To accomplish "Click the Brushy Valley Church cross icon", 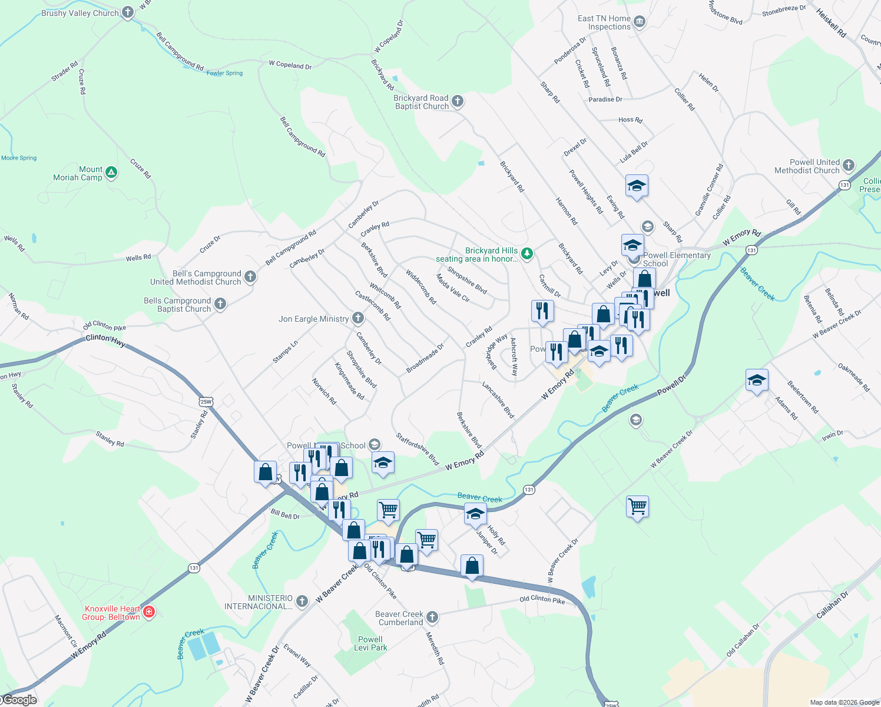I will tap(128, 13).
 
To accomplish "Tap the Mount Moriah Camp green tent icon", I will tap(111, 173).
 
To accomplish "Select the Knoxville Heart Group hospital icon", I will tap(149, 612).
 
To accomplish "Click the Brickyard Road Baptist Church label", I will tap(421, 103).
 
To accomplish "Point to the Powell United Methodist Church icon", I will tap(848, 166).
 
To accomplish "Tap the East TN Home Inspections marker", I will tap(640, 22).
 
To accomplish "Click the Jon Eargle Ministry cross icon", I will tap(357, 319).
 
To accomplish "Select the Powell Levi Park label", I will tap(370, 643).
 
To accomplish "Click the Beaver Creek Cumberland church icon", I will tap(432, 617).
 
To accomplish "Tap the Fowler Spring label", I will tap(224, 73).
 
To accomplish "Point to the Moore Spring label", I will tap(19, 158).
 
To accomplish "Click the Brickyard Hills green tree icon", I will tap(527, 254).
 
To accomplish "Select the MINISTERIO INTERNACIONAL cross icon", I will tap(302, 602).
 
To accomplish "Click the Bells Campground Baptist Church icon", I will tap(220, 304).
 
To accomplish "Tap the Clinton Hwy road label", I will tap(105, 339).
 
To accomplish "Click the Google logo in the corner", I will tap(20, 700).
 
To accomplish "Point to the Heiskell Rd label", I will tap(831, 24).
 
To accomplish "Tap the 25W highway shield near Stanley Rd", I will tap(206, 402).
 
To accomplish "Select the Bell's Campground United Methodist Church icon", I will tap(250, 277).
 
